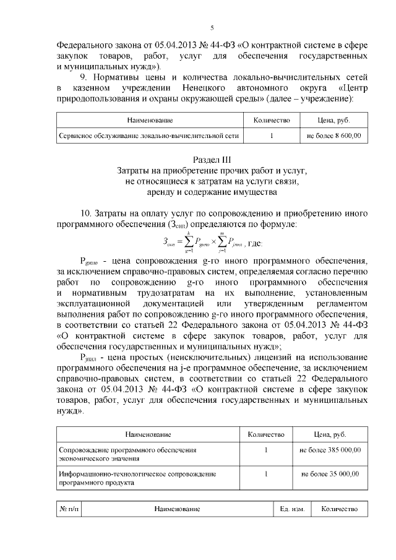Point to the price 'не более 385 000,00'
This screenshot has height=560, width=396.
click(x=330, y=450)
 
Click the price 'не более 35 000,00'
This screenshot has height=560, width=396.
click(x=330, y=473)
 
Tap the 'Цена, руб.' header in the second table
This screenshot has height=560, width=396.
click(x=330, y=435)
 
